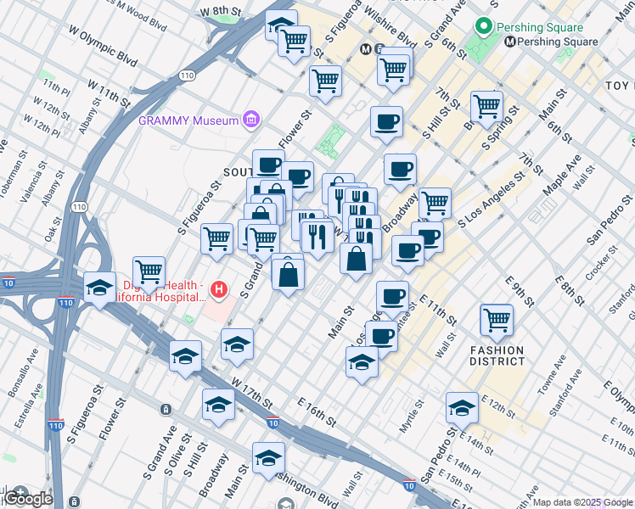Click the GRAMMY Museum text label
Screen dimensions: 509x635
(x=188, y=120)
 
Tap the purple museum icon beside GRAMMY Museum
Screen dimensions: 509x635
(x=250, y=120)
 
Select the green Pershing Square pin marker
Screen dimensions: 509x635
(x=486, y=27)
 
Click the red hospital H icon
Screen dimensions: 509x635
(x=220, y=291)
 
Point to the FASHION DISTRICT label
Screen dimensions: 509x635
(x=497, y=355)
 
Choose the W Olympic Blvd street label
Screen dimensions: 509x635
(x=103, y=47)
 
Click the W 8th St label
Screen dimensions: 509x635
(x=222, y=12)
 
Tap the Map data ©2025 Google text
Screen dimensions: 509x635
(x=582, y=502)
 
